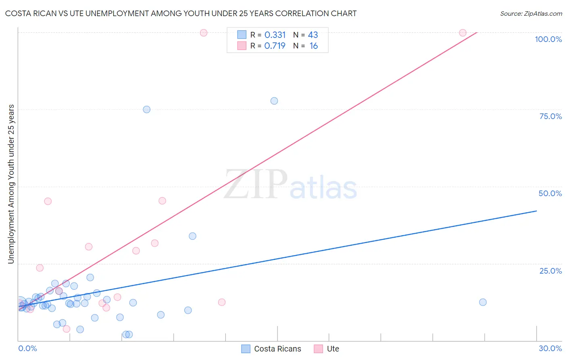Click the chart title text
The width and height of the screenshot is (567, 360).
point(181,13)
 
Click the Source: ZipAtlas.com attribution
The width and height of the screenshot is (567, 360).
point(531,13)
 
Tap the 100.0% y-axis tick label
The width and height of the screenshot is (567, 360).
point(548,39)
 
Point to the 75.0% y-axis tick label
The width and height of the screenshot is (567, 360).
point(550,116)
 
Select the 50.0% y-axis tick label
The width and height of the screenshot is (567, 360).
point(550,193)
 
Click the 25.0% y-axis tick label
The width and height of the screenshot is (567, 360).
point(550,270)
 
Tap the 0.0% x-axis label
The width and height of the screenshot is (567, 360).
point(27,348)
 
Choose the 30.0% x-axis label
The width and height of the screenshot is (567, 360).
point(550,348)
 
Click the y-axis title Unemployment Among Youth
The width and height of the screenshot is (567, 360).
point(11,184)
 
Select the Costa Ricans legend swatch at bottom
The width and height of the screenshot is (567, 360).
point(246,349)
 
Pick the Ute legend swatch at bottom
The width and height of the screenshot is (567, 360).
point(319,349)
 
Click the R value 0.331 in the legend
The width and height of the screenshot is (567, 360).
point(275,35)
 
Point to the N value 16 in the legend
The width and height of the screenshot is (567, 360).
point(313,46)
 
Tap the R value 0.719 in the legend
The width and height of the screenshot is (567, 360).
point(275,46)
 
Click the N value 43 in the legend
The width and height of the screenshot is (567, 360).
point(313,35)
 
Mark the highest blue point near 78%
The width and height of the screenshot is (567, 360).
point(274,101)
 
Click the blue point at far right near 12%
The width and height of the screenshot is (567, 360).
point(483,302)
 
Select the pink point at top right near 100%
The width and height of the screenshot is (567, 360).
point(463,33)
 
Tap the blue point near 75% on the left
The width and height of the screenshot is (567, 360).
point(147,109)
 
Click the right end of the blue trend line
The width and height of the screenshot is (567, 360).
point(536,211)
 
